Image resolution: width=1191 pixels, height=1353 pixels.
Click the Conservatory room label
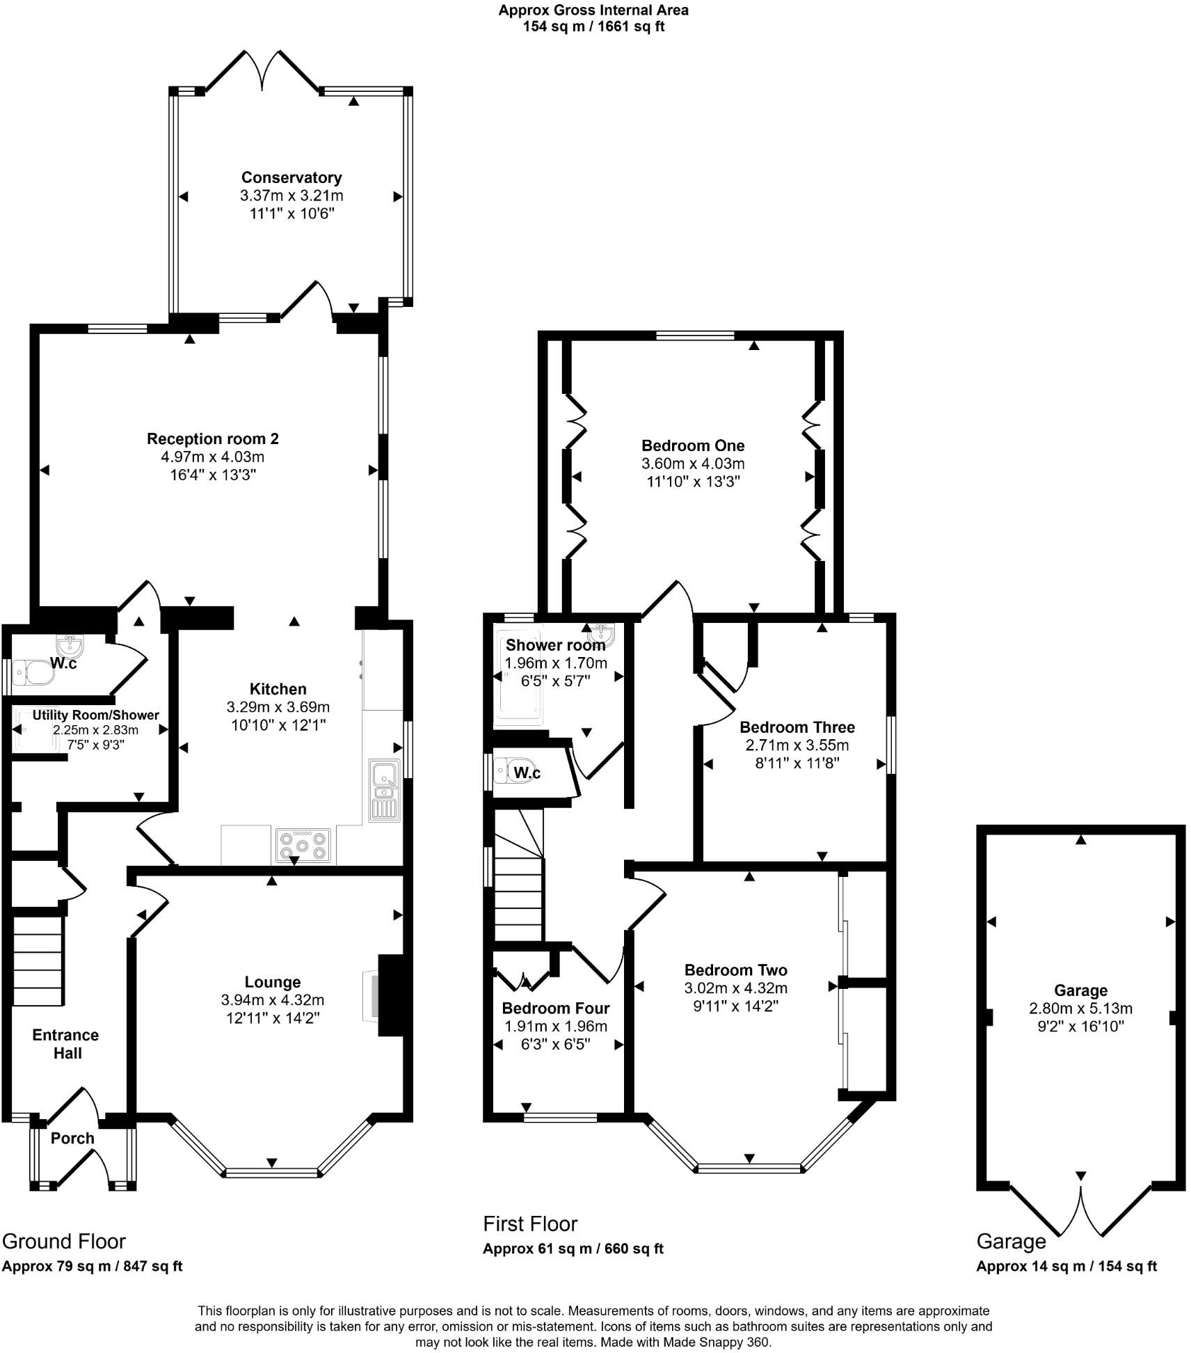291,177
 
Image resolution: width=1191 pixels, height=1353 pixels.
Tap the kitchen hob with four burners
303,846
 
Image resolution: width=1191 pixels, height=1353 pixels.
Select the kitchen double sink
384,789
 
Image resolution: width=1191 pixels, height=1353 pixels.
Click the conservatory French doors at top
262,70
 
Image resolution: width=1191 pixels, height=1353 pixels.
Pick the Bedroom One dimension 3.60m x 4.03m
693,464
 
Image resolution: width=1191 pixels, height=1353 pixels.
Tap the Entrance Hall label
66,1044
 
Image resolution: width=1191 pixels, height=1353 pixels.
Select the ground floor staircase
38,960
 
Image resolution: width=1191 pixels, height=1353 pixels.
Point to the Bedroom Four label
555,1008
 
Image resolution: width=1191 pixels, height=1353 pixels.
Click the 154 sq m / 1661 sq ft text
593,27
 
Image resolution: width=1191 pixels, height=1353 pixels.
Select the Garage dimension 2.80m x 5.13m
1080,1008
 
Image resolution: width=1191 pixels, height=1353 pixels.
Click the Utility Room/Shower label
95,715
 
